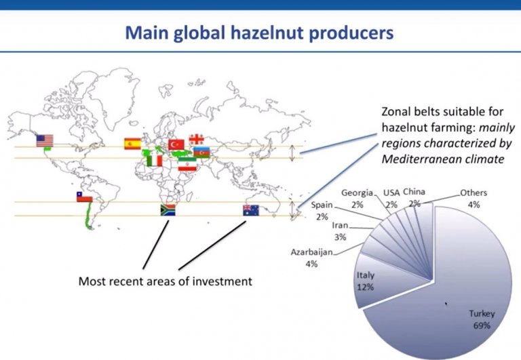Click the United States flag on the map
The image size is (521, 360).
[x=45, y=141]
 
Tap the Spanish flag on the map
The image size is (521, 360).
[x=132, y=143]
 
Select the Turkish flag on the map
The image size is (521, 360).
[x=177, y=144]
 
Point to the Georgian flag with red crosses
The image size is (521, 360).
[x=197, y=140]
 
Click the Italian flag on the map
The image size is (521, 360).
[x=155, y=160]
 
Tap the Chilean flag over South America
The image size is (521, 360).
[x=84, y=197]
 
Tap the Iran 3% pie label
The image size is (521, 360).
[x=341, y=233]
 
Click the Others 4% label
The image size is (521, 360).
[x=474, y=198]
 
